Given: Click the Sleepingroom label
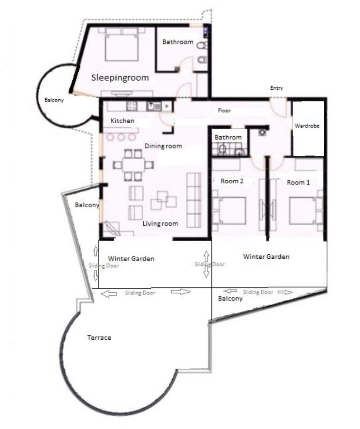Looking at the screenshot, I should pos(120,78).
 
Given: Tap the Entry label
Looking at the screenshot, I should pos(276,88).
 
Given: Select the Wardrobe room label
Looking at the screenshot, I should pos(307,125).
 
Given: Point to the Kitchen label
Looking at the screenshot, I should pos(122,121).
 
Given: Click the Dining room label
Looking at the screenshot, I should pos(163,146).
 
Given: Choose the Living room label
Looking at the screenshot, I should pos(161,223).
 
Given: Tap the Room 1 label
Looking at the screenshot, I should pos(299,182).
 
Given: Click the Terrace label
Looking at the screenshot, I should pos(99,338).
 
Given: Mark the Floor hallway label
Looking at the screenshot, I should pos(224,111).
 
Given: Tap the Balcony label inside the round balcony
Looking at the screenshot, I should pos(54,100).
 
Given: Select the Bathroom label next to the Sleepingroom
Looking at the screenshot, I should pos(178,42).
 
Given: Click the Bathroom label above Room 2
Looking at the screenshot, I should pos(228,137).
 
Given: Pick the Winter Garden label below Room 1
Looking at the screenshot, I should pos(266,257).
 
